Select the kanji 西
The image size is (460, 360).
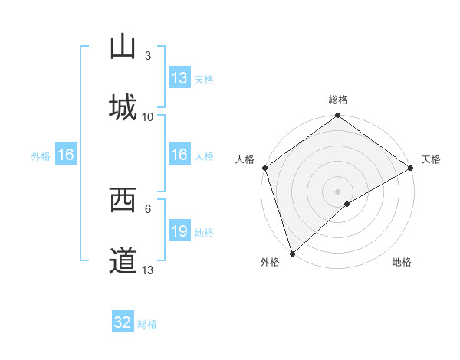(x=123, y=201)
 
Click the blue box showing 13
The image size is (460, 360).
(x=179, y=78)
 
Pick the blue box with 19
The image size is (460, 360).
(x=179, y=231)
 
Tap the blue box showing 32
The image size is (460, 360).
(x=123, y=322)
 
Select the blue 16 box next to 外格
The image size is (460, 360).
(x=66, y=155)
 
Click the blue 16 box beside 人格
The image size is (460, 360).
(x=179, y=155)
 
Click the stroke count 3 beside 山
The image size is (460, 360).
(x=147, y=55)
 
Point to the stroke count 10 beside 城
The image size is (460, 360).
(x=148, y=116)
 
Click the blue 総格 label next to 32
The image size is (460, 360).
(x=147, y=324)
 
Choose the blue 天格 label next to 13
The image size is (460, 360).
(x=203, y=80)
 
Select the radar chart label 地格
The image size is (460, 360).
(x=402, y=263)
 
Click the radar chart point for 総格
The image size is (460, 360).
(x=337, y=116)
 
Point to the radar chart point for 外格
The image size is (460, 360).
(x=292, y=253)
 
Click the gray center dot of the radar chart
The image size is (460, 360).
(x=337, y=191)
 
